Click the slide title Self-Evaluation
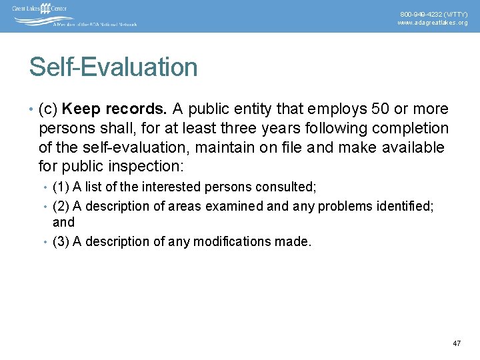point(113,67)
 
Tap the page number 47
point(457,343)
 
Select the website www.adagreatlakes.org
point(433,23)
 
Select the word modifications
point(232,241)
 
